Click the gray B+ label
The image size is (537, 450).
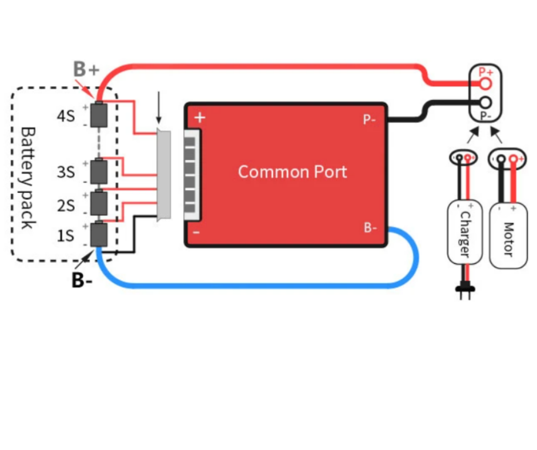tap(86, 69)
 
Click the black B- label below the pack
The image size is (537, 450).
tap(82, 280)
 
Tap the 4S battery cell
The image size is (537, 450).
tap(99, 115)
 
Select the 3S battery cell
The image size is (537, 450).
tap(99, 171)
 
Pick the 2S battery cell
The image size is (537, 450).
tap(99, 203)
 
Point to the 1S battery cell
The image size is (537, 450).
tap(99, 234)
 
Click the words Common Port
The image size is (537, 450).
tap(292, 171)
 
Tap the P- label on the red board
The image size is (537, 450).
tap(369, 119)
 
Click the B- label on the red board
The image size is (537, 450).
tap(370, 227)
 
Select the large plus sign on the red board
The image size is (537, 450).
tap(200, 118)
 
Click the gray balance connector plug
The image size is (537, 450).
tap(164, 175)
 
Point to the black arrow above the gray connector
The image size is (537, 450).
tap(158, 107)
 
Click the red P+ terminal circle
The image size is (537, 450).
tap(486, 83)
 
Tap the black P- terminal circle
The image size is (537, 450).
tap(486, 102)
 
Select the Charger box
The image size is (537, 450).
tap(465, 232)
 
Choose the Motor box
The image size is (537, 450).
tap(508, 236)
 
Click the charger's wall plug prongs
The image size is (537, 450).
tap(465, 292)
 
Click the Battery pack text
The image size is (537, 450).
tap(28, 178)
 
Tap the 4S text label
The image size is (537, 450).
tap(66, 116)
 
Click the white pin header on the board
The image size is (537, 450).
tap(192, 175)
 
